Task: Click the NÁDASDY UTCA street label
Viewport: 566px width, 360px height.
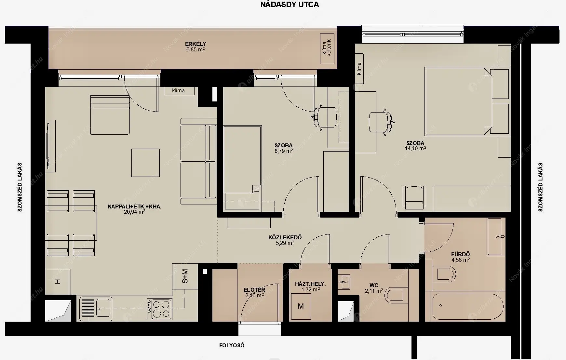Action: [x=290, y=5]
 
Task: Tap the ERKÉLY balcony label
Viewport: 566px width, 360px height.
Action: [x=195, y=44]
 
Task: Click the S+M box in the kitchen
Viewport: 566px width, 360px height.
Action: [x=185, y=276]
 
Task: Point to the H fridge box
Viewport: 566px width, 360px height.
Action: [x=58, y=282]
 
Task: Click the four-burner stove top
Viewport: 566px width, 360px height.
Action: [x=159, y=309]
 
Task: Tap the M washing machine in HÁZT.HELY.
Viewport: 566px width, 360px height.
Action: [x=301, y=306]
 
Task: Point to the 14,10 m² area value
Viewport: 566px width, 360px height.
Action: [x=415, y=148]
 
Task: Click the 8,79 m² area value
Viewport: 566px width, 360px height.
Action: [x=283, y=151]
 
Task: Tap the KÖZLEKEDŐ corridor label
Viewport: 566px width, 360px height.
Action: [x=285, y=237]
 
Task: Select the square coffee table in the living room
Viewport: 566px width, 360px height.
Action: [x=145, y=163]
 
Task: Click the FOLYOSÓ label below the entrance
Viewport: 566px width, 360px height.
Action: [x=232, y=345]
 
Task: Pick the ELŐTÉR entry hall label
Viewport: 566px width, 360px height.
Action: [x=254, y=289]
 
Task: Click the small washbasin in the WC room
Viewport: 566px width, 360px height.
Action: [x=344, y=282]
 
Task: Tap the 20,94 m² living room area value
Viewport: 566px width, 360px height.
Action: [x=134, y=212]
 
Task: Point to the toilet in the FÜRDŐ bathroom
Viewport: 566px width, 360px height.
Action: [x=444, y=274]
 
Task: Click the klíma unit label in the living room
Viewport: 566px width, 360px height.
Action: [x=178, y=91]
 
